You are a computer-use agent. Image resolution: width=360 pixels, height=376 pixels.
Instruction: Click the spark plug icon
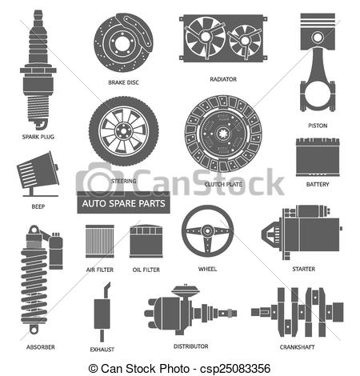tap(38, 70)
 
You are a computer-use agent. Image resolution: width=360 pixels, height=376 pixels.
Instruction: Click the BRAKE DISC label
tap(123, 82)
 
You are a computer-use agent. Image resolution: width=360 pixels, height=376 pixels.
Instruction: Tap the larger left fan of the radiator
tap(205, 37)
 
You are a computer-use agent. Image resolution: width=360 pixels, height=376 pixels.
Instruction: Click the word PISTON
tap(318, 126)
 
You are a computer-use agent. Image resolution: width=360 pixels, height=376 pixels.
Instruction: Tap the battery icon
tap(318, 157)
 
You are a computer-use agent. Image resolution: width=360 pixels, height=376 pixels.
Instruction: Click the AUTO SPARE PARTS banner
tap(123, 203)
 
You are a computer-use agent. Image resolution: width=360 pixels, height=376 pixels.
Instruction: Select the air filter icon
tap(100, 242)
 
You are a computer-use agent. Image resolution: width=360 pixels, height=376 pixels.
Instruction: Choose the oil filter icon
tap(146, 242)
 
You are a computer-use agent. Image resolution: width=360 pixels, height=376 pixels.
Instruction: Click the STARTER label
tap(303, 269)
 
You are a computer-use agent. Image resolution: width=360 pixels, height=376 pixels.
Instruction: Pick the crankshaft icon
tap(297, 312)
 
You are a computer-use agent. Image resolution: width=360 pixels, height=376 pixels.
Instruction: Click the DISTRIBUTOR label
tap(190, 346)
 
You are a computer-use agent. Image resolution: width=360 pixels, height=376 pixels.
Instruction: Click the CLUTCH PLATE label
tap(223, 184)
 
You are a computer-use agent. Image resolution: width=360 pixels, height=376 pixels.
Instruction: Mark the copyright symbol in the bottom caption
tap(93, 369)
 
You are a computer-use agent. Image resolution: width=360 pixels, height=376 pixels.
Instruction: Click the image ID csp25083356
tap(235, 369)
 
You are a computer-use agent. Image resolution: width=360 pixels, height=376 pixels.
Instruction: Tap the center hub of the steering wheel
tap(207, 230)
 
